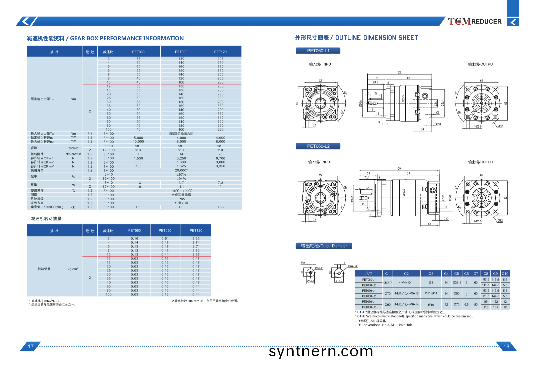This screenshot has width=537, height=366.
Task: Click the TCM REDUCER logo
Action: coord(474,22)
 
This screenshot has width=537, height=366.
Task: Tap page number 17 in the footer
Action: coord(31,346)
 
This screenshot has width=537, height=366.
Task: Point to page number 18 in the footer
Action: coord(506,346)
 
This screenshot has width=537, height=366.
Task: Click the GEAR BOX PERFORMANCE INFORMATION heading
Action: coord(105,39)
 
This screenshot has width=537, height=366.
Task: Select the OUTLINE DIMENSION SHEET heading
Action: coord(356,38)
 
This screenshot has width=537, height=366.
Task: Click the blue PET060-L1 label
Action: coord(318,51)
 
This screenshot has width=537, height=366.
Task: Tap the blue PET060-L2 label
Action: coord(318,146)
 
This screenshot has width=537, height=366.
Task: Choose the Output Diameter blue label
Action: coord(324,246)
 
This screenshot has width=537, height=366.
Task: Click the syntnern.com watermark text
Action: coord(321,351)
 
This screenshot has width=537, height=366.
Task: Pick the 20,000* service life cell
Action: coord(181,170)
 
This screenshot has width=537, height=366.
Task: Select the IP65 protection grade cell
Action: coord(181,199)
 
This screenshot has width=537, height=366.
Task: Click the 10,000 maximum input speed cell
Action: coord(138,142)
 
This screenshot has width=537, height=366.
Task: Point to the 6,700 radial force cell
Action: coord(220,158)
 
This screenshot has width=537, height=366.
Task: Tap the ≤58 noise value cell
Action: coord(138,207)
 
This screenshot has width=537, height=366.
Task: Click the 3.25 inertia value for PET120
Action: coord(196,239)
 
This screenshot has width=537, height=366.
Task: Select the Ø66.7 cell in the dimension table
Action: coord(387,283)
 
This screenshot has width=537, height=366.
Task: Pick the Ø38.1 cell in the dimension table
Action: coord(456,283)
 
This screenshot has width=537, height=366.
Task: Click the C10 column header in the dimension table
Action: coord(505,274)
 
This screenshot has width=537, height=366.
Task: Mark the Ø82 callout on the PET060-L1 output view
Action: coord(500,126)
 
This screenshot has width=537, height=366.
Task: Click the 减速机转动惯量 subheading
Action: coord(46,219)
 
